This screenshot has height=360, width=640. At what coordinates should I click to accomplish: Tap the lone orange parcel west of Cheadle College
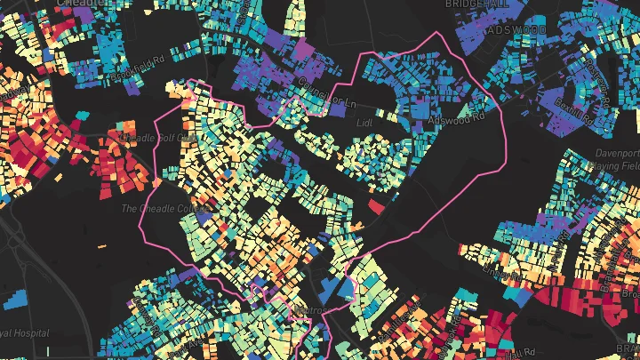tap(100, 245)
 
